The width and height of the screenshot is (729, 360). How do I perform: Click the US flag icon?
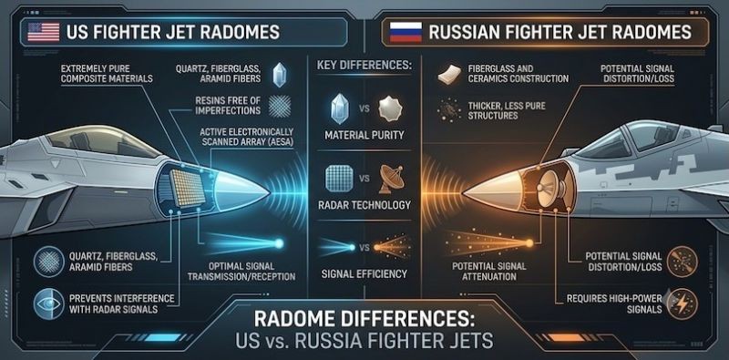pyautogui.click(x=43, y=32)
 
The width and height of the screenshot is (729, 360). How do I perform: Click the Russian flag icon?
pyautogui.click(x=406, y=33)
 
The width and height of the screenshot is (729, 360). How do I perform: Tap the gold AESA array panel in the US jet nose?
pyautogui.click(x=188, y=188)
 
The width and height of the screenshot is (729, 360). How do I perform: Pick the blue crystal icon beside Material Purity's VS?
pyautogui.click(x=339, y=108)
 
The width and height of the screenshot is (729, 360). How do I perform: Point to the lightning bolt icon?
pyautogui.click(x=682, y=303)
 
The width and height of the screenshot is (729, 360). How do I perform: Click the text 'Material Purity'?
pyautogui.click(x=364, y=136)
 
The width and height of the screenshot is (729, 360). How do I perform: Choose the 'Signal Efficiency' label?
pyautogui.click(x=364, y=274)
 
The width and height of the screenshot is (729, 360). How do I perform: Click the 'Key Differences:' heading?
pyautogui.click(x=364, y=65)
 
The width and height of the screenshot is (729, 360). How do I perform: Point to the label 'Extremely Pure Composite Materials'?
pyautogui.click(x=107, y=74)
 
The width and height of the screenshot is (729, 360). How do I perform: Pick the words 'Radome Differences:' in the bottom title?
pyautogui.click(x=364, y=320)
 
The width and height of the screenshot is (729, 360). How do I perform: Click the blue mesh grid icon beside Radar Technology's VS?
pyautogui.click(x=339, y=179)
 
